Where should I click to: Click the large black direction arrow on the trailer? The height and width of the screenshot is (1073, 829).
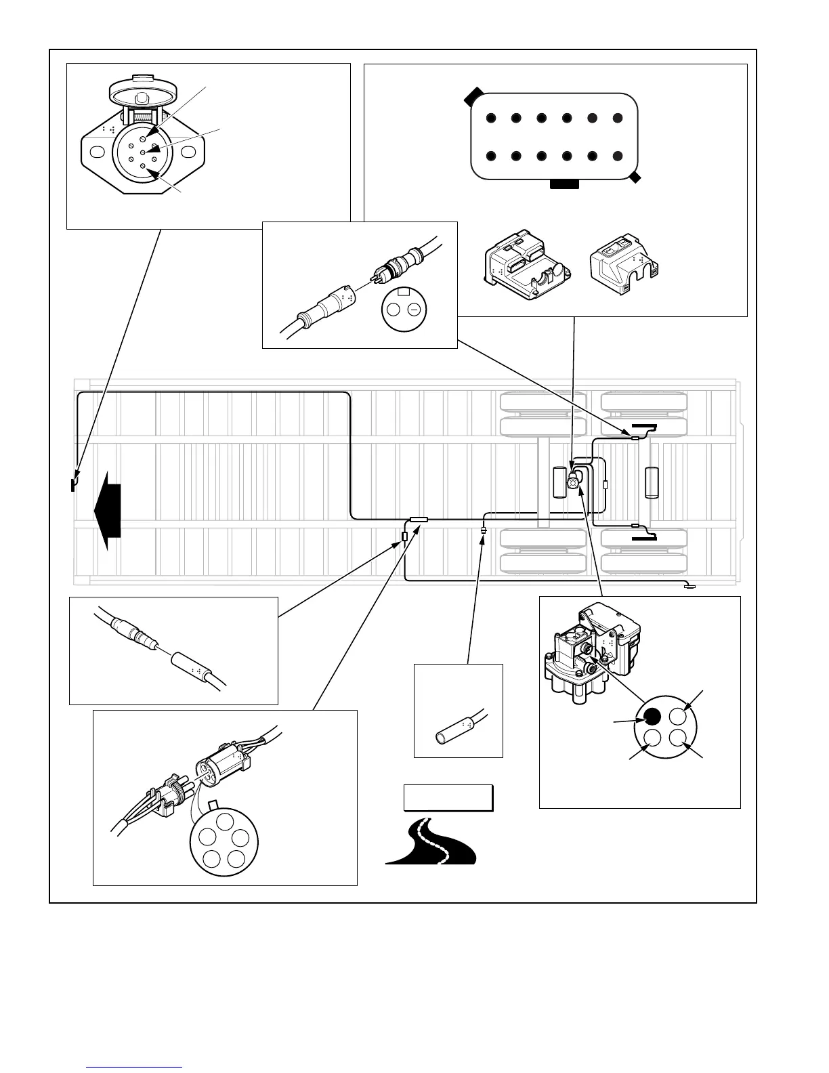tap(108, 509)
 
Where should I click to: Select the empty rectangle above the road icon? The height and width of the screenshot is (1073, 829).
tap(448, 797)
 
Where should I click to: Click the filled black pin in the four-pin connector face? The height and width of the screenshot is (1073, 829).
tap(652, 716)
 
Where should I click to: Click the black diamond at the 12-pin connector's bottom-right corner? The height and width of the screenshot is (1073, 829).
tap(635, 177)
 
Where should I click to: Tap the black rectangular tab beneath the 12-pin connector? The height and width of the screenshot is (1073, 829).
tap(564, 184)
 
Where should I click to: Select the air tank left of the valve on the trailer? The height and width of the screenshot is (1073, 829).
tap(559, 482)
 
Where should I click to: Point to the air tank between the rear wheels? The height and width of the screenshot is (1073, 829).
tap(653, 482)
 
